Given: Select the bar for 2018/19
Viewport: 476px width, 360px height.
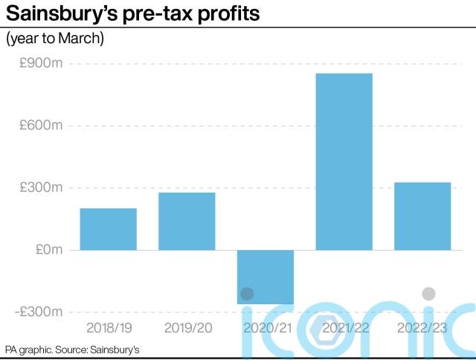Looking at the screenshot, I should point(109,229).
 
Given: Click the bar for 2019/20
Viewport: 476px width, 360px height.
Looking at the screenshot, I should point(187,222).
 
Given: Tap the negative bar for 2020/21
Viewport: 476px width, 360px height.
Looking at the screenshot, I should point(266,277).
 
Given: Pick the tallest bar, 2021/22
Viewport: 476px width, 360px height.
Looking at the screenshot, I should point(344,161).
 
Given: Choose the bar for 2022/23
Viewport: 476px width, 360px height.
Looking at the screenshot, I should point(422,216).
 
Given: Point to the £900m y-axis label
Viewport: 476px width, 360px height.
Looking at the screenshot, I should point(42,64).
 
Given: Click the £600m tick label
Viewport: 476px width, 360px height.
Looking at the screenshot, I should point(42,126).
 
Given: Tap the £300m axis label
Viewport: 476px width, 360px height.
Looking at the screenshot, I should point(42,187).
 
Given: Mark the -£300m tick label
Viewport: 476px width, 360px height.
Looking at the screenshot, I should point(39,312).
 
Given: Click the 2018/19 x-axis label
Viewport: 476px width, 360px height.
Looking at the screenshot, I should point(109,328).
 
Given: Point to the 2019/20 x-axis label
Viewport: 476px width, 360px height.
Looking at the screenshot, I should point(187,328).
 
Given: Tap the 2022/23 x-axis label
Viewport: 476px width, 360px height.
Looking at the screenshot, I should point(422,328).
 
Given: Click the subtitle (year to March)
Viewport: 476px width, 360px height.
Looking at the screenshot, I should point(55,39).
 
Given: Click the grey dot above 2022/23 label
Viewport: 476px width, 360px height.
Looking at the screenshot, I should point(428,294).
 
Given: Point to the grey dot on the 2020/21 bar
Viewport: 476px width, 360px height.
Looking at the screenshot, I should point(247,295).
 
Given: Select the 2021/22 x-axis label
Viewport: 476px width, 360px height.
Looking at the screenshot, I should point(344,328).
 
